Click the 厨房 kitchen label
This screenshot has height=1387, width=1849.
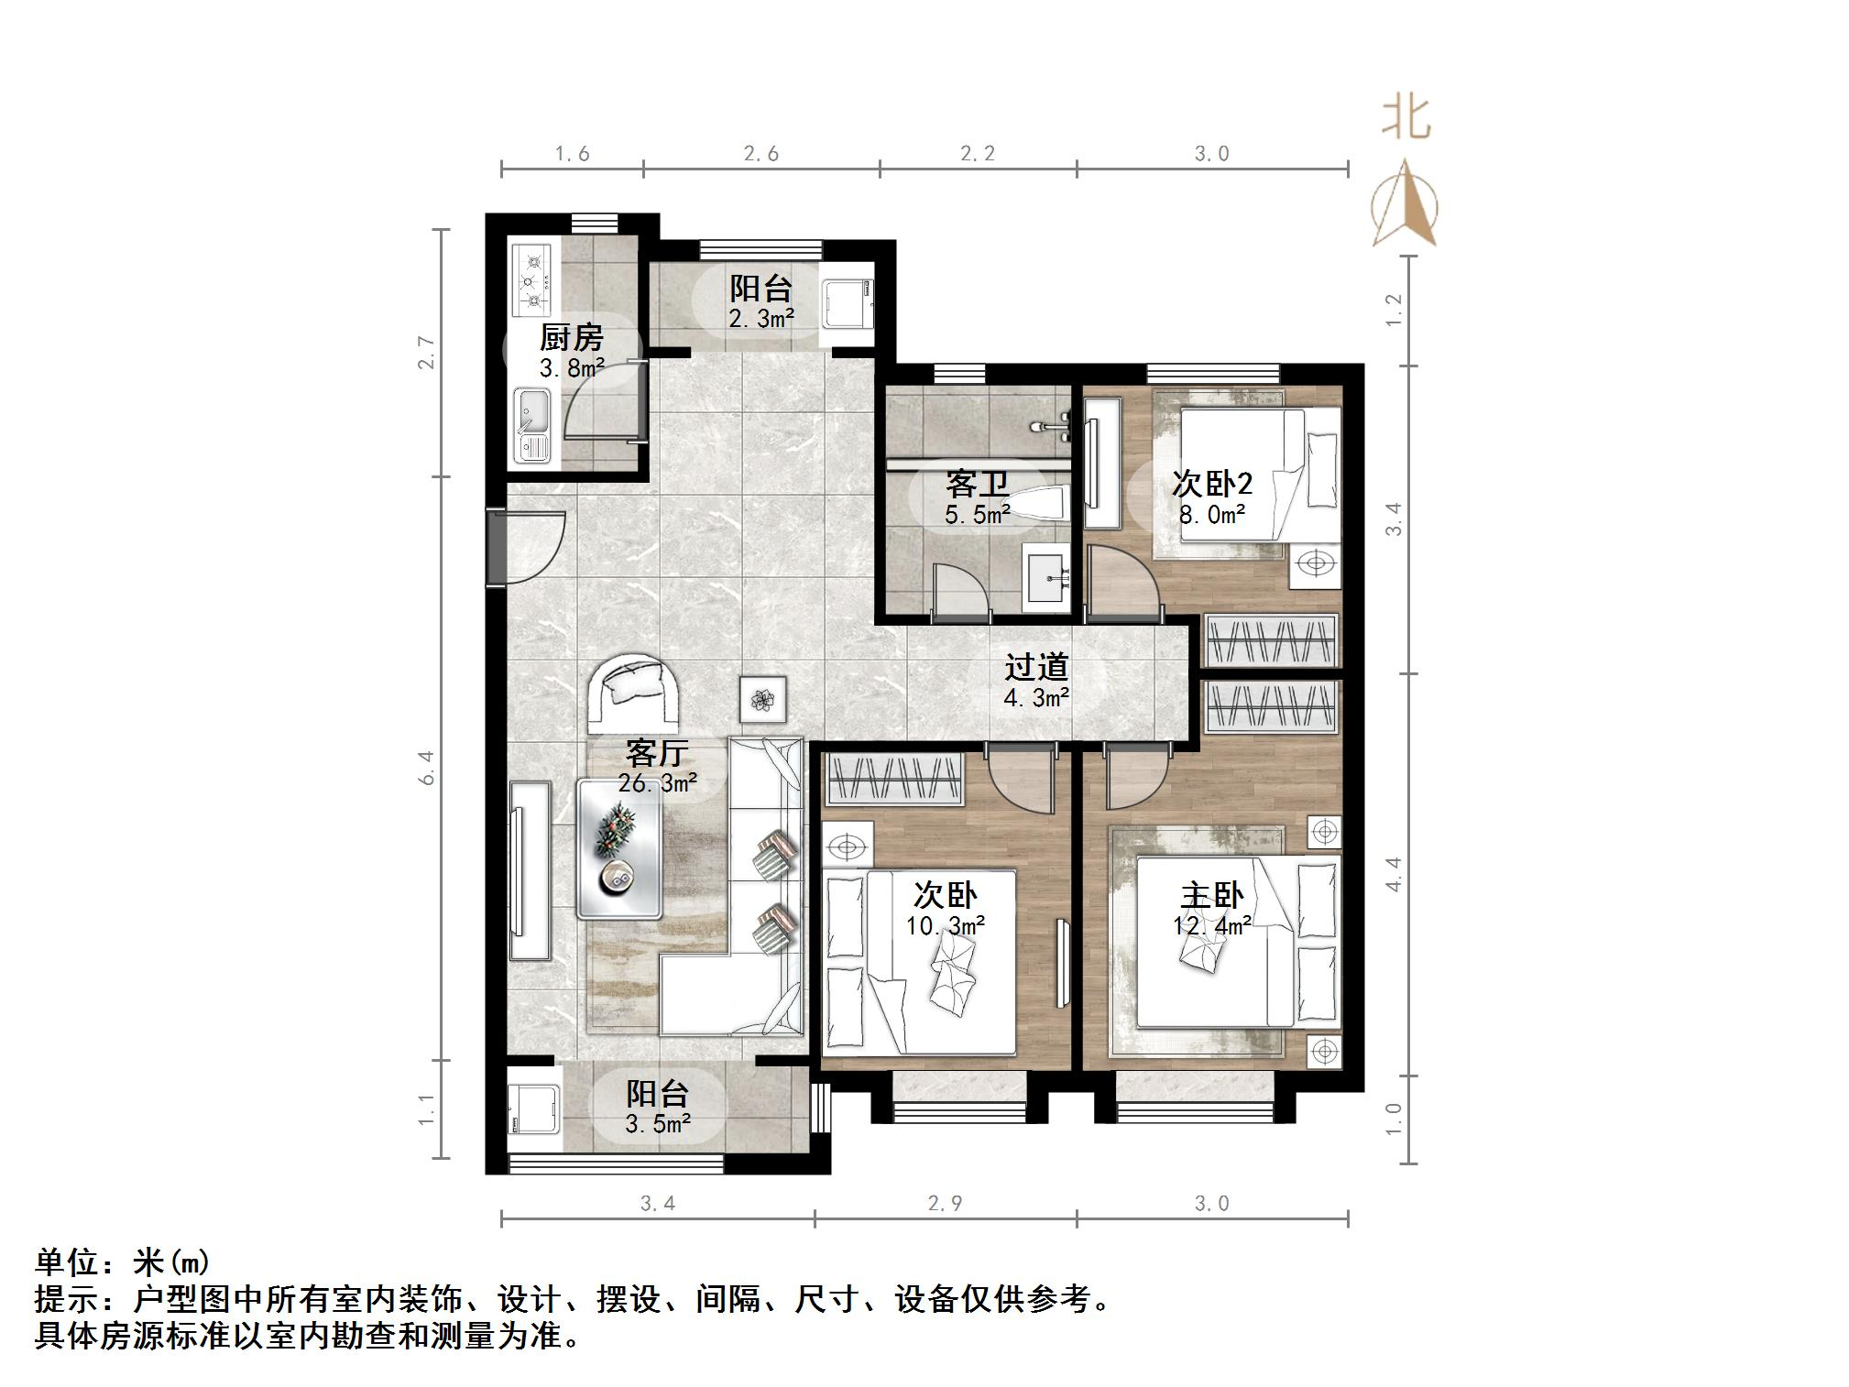click(x=571, y=338)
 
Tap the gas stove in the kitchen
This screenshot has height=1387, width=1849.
click(x=532, y=278)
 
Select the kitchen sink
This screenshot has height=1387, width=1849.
click(x=531, y=424)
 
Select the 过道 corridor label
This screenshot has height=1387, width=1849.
click(x=1036, y=667)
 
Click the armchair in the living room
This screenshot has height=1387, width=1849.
click(x=633, y=692)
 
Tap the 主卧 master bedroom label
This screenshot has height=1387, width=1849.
click(x=1211, y=895)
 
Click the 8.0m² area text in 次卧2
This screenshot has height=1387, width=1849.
click(x=1211, y=514)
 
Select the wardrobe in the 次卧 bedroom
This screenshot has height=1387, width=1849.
click(x=895, y=779)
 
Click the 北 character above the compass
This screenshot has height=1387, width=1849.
click(x=1406, y=117)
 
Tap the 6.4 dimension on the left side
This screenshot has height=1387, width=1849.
click(x=426, y=767)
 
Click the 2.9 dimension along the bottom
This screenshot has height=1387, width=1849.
click(x=945, y=1203)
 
